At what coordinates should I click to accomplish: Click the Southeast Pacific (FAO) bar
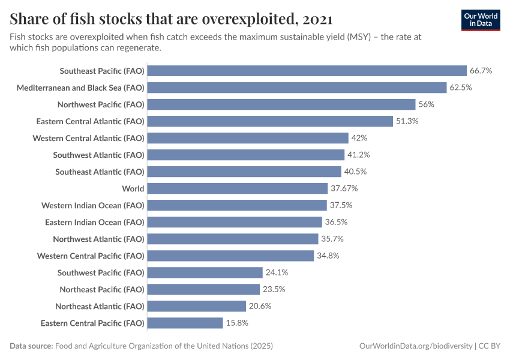coord(307,71)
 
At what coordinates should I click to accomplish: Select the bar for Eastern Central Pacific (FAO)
coord(185,323)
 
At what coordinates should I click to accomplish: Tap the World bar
coord(237,188)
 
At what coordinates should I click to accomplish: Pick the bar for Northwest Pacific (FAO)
coord(281,104)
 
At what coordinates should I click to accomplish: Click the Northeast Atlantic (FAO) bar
coord(196,306)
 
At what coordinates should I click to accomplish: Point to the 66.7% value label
coord(481,71)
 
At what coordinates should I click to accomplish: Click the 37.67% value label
coord(344,188)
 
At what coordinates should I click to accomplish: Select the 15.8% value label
coord(237,323)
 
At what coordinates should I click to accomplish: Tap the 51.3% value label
coord(407,121)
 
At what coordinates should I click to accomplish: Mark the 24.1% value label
coord(277,272)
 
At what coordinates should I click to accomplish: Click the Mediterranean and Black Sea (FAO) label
coord(80,88)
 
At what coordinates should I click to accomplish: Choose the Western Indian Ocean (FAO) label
coord(93,205)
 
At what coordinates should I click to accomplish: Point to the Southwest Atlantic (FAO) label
coord(98,155)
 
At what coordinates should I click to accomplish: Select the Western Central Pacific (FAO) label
coord(91,256)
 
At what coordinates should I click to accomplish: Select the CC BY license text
coord(489,346)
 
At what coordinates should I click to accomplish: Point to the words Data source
coord(31,346)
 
